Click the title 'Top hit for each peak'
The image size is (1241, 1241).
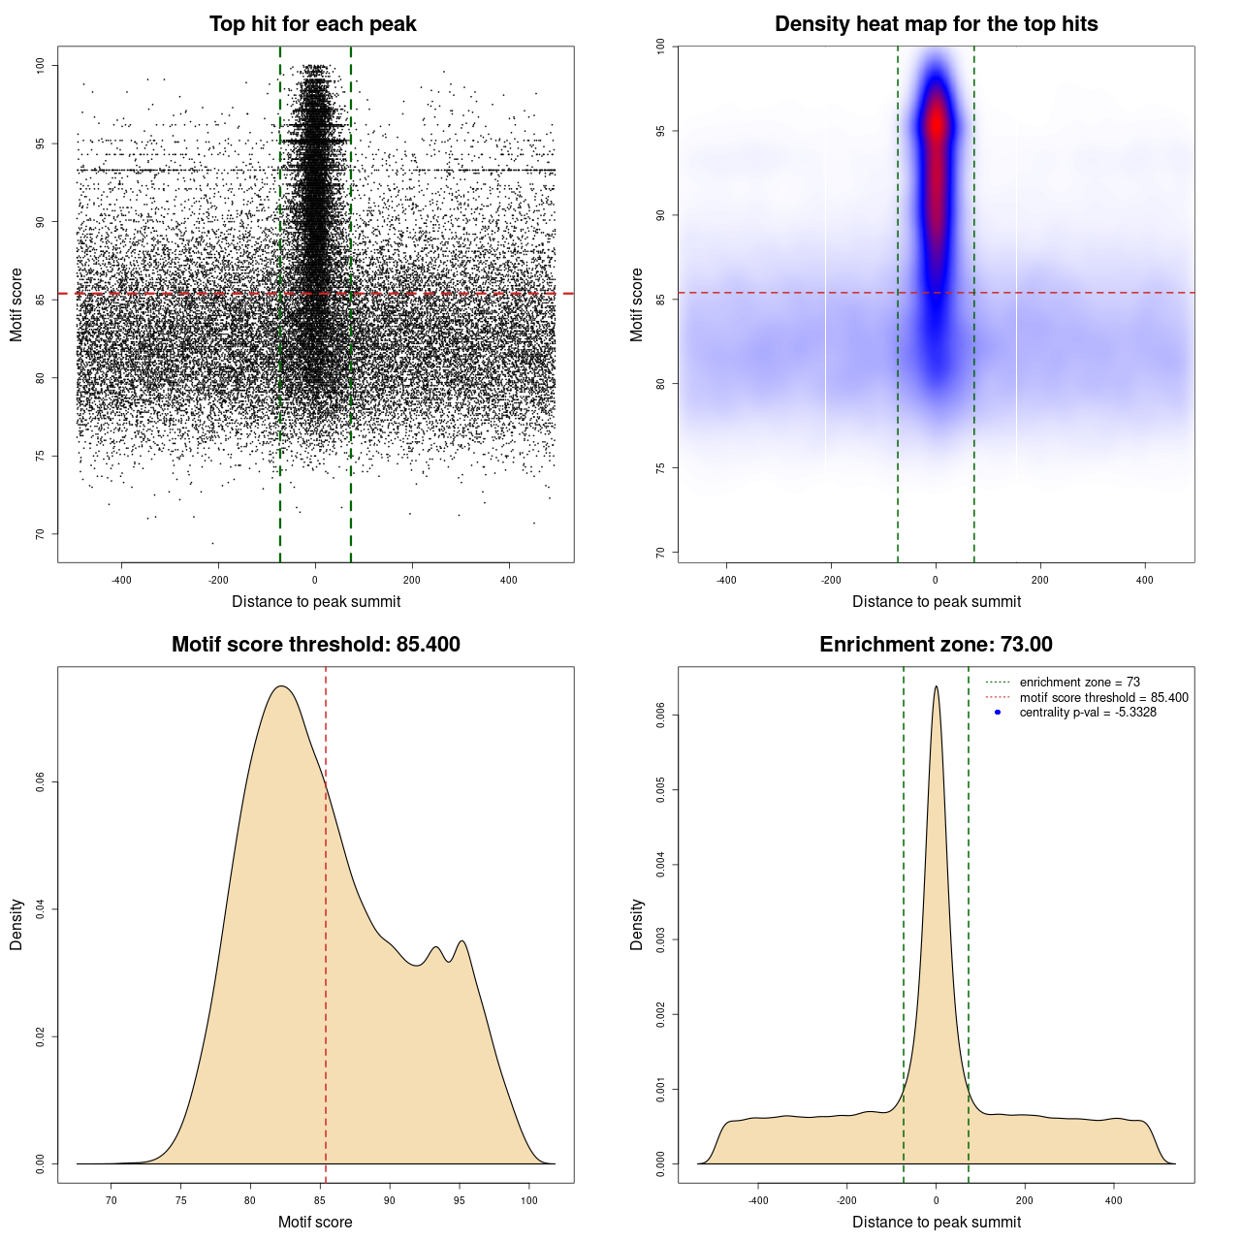pyautogui.click(x=312, y=24)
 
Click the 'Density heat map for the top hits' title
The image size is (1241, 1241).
pyautogui.click(x=936, y=24)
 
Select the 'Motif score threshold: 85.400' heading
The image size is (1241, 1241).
pyautogui.click(x=315, y=645)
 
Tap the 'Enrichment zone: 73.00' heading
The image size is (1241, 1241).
pyautogui.click(x=936, y=645)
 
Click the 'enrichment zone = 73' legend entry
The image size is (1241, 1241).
pyautogui.click(x=1079, y=683)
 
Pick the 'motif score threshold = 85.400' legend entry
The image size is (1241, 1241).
pyautogui.click(x=1103, y=697)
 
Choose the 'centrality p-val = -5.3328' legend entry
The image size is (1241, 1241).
pyautogui.click(x=1088, y=713)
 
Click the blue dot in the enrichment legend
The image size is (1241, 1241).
pyautogui.click(x=998, y=713)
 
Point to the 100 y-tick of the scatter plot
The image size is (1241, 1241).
pyautogui.click(x=41, y=65)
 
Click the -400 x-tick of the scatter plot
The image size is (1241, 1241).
pyautogui.click(x=121, y=580)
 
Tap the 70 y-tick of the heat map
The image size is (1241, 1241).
pyautogui.click(x=661, y=553)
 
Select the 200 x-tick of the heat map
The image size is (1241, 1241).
pyautogui.click(x=1040, y=580)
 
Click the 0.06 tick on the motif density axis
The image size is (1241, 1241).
pyautogui.click(x=41, y=782)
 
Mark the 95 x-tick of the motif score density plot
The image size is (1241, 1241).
pyautogui.click(x=460, y=1200)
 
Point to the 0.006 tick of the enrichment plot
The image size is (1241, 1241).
pyautogui.click(x=661, y=716)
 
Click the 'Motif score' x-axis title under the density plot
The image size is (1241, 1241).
pyautogui.click(x=315, y=1222)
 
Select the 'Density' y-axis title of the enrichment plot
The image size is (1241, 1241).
pyautogui.click(x=637, y=924)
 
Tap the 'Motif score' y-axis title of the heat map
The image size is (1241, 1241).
pyautogui.click(x=637, y=304)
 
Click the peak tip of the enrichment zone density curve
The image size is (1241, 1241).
pyautogui.click(x=936, y=686)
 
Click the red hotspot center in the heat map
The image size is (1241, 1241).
pyautogui.click(x=936, y=124)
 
